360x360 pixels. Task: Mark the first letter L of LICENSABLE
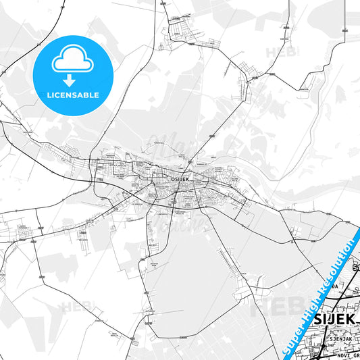tap(47, 96)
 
